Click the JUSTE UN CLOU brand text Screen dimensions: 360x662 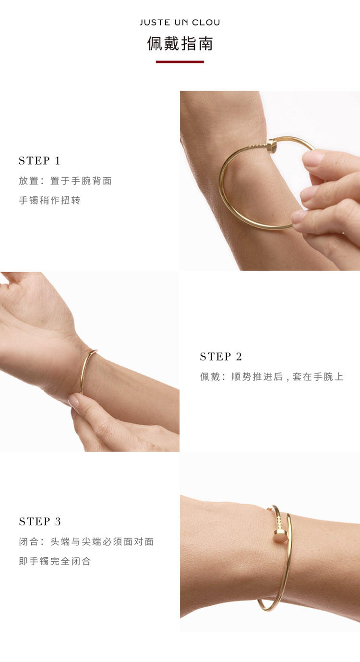point(180,23)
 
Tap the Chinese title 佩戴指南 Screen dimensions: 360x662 point(180,44)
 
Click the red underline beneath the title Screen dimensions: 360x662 point(180,62)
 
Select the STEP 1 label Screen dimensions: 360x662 point(39,161)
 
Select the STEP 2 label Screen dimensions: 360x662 point(221,356)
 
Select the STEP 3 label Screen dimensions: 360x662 point(40,521)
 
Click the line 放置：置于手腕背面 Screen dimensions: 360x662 point(65,181)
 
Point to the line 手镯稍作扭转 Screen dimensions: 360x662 point(49,200)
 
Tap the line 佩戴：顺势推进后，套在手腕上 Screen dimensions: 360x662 point(272,376)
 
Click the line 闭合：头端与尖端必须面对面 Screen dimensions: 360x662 point(86,542)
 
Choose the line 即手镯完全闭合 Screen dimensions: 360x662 point(55,561)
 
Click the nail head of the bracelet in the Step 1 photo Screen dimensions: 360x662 point(272,146)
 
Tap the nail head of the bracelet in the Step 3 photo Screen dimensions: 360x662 point(280,536)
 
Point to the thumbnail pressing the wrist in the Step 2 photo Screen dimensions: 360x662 point(74,400)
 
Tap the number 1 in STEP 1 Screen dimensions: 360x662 point(57,161)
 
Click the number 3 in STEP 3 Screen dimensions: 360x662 point(58,521)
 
